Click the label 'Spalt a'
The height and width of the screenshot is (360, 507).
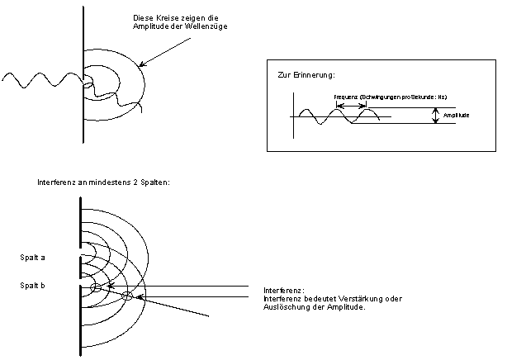(x=33, y=258)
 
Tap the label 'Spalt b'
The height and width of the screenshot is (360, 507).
(x=33, y=285)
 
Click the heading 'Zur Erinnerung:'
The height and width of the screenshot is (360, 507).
(x=306, y=76)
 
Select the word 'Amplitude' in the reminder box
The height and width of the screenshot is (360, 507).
(x=457, y=116)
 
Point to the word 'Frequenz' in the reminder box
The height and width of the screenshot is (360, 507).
(x=347, y=97)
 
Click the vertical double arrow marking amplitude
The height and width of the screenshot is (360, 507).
(x=435, y=116)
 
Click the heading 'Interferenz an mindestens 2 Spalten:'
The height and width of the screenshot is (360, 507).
(x=103, y=182)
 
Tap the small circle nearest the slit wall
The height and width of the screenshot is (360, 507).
(x=96, y=287)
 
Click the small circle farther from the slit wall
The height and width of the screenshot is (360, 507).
(x=126, y=296)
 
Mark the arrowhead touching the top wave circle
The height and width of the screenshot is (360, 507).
(x=141, y=65)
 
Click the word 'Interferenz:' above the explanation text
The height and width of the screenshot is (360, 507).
(x=284, y=291)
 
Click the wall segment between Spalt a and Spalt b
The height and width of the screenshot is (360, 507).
(x=81, y=266)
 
